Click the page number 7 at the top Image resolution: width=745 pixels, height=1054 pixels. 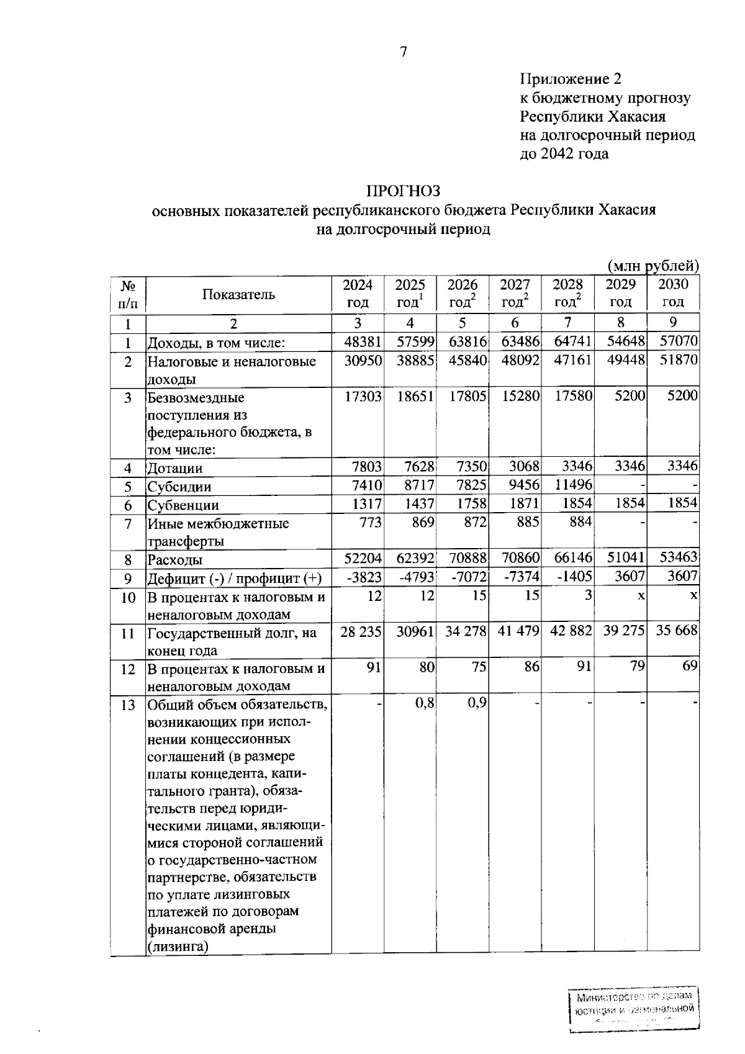(x=404, y=52)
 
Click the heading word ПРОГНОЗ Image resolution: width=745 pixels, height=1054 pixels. (x=403, y=191)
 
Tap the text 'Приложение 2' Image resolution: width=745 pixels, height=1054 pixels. (x=570, y=79)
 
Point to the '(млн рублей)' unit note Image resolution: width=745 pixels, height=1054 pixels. (x=653, y=266)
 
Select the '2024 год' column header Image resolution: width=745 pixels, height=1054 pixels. (x=358, y=294)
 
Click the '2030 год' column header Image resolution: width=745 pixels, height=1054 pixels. (x=673, y=294)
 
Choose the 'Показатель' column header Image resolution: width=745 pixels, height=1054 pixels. (x=239, y=294)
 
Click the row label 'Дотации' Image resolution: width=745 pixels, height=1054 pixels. (x=175, y=469)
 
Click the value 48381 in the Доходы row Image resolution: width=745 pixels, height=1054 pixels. (x=363, y=341)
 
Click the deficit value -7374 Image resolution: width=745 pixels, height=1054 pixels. (x=521, y=578)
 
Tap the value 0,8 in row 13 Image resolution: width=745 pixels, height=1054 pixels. (x=425, y=703)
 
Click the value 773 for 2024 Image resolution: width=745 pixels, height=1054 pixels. (x=371, y=522)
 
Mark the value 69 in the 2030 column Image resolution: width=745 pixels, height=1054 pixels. (x=690, y=666)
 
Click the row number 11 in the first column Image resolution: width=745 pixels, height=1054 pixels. (x=128, y=634)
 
